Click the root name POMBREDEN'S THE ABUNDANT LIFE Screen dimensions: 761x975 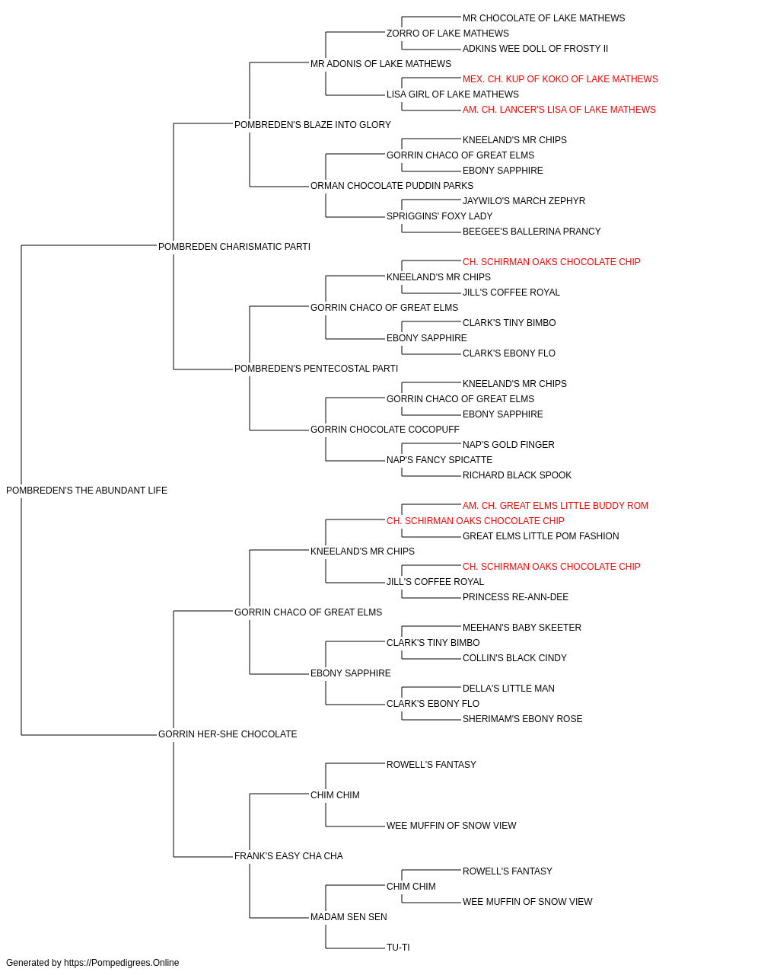(87, 491)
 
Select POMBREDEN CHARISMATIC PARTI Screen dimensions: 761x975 (234, 247)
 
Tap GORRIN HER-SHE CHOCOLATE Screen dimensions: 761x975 (228, 734)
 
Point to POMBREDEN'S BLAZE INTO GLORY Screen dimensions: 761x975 (312, 125)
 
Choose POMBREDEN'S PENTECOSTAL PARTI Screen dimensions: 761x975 (316, 369)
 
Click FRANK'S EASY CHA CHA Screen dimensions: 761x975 (288, 856)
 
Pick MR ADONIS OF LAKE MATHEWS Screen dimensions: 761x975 (380, 64)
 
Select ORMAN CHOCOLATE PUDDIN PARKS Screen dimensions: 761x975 (392, 186)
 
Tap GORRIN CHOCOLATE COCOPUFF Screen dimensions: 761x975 (384, 430)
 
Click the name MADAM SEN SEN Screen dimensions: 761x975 (349, 917)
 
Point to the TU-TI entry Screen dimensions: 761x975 (398, 948)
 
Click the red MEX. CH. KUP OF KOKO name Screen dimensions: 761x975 (560, 79)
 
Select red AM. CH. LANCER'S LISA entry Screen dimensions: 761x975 (559, 110)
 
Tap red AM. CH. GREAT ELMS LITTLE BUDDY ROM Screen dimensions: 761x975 (555, 506)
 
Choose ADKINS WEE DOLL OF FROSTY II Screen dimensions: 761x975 (535, 49)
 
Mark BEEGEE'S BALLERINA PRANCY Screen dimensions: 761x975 (531, 232)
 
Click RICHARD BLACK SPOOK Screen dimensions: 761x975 (517, 475)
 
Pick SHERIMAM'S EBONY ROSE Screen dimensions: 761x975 (522, 719)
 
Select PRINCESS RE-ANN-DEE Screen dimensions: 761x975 (515, 597)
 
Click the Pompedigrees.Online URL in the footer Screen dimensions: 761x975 (121, 963)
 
